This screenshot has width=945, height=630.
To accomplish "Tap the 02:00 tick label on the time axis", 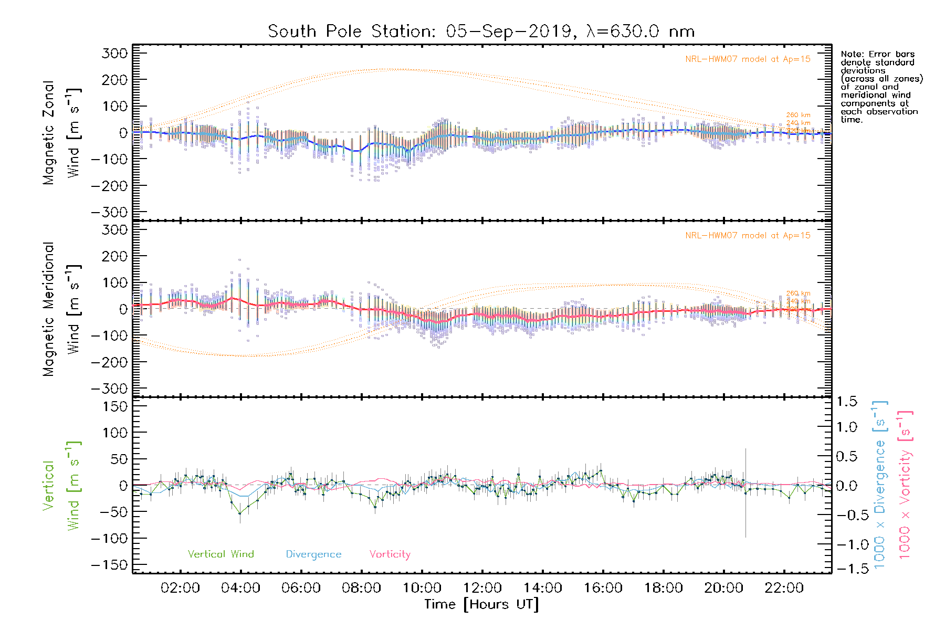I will tap(180, 588).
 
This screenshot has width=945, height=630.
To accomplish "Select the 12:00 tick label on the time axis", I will tap(482, 588).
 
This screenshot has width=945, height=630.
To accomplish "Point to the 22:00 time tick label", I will tap(784, 588).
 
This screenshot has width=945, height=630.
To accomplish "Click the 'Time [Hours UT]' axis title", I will tap(481, 605).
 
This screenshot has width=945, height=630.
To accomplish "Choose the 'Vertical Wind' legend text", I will tap(220, 554).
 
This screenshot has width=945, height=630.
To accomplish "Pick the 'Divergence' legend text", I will tap(313, 554).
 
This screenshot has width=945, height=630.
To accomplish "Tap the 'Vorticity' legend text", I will tap(390, 554).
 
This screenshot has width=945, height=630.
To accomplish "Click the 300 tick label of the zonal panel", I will tap(115, 54).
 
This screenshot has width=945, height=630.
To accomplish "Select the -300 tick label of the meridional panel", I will tap(109, 389).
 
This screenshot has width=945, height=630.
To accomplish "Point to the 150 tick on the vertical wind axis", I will tap(115, 407).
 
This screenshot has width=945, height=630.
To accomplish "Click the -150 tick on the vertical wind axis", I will tap(109, 565).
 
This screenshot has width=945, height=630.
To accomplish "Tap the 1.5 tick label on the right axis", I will tap(846, 402).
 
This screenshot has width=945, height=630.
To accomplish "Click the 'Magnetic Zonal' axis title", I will tap(48, 133).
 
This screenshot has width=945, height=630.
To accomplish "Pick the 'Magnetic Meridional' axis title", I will tap(48, 309).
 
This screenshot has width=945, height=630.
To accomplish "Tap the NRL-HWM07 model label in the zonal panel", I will tap(748, 59).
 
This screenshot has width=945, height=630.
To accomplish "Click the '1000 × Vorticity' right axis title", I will tap(905, 484).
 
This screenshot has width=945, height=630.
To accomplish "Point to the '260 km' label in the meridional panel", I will tap(798, 293).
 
